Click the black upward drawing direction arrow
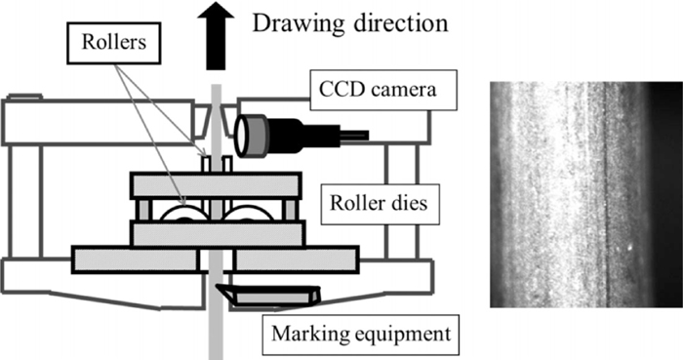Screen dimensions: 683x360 216,37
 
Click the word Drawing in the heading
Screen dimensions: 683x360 300,23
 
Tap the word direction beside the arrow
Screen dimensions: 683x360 401,22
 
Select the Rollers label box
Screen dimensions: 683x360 114,43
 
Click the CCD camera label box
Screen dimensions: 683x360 382,90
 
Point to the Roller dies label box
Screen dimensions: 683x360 380,203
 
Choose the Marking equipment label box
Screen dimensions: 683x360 361,335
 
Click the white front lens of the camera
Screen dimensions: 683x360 241,137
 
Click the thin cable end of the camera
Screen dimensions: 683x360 354,136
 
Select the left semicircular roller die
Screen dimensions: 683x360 184,213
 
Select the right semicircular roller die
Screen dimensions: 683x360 248,213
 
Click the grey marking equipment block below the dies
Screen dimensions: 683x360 272,298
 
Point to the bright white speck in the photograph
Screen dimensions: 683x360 629,250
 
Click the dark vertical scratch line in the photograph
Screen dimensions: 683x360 606,195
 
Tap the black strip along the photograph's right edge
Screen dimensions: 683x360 665,195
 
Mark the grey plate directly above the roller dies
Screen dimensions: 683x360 216,184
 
